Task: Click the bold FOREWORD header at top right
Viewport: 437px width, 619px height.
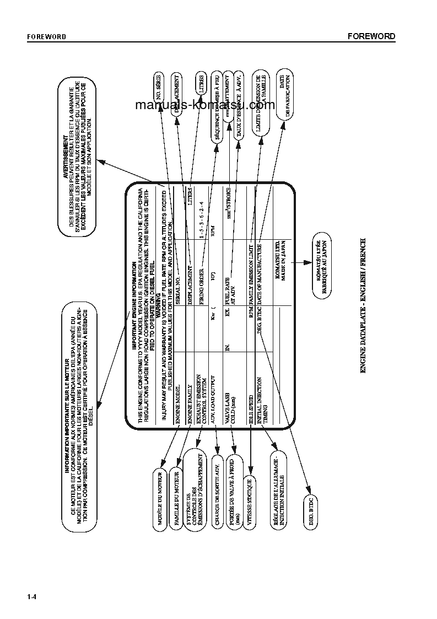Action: (x=371, y=36)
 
